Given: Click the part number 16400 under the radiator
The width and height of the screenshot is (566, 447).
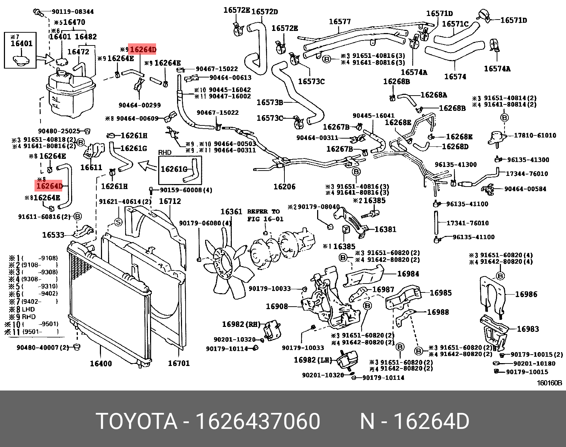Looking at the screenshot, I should click(101, 363).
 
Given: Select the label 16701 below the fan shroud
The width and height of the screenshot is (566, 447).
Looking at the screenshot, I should click(179, 363).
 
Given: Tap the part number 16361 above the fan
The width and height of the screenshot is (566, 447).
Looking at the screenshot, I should click(231, 212).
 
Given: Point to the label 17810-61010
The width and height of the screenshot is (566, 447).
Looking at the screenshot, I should click(535, 135).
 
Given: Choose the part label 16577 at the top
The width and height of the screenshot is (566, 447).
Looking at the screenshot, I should click(340, 22).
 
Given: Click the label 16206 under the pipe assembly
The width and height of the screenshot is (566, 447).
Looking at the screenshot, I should click(284, 187).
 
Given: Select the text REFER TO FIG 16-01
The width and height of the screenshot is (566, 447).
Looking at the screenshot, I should click(265, 215).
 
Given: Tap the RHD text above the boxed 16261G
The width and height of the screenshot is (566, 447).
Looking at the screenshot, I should click(165, 152).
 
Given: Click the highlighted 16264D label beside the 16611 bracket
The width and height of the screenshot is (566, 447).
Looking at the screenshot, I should click(49, 186).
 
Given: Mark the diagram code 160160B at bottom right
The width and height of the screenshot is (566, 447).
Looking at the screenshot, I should click(549, 383).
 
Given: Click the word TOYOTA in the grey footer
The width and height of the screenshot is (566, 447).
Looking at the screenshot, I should click(137, 421).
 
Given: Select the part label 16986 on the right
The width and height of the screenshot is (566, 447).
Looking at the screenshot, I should click(526, 294).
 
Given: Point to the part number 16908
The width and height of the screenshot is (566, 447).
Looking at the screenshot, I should click(277, 306).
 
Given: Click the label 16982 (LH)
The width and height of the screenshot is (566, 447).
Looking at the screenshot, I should click(313, 360).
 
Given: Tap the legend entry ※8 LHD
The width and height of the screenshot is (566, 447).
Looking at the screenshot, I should click(22, 309).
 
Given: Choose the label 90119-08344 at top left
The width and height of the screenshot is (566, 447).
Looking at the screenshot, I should click(73, 12).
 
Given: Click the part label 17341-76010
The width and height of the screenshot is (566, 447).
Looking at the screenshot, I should click(467, 223).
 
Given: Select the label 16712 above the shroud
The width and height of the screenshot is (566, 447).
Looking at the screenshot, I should click(170, 201).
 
